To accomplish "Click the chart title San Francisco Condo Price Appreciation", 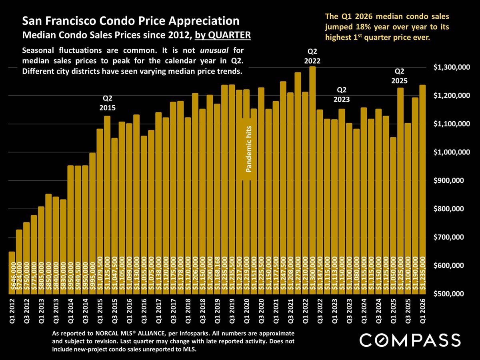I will (x=131, y=21).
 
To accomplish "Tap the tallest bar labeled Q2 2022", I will (x=312, y=180).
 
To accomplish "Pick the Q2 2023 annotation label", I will (x=342, y=94).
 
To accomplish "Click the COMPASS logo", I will (x=410, y=340).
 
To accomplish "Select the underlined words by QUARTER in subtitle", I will (x=223, y=35).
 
